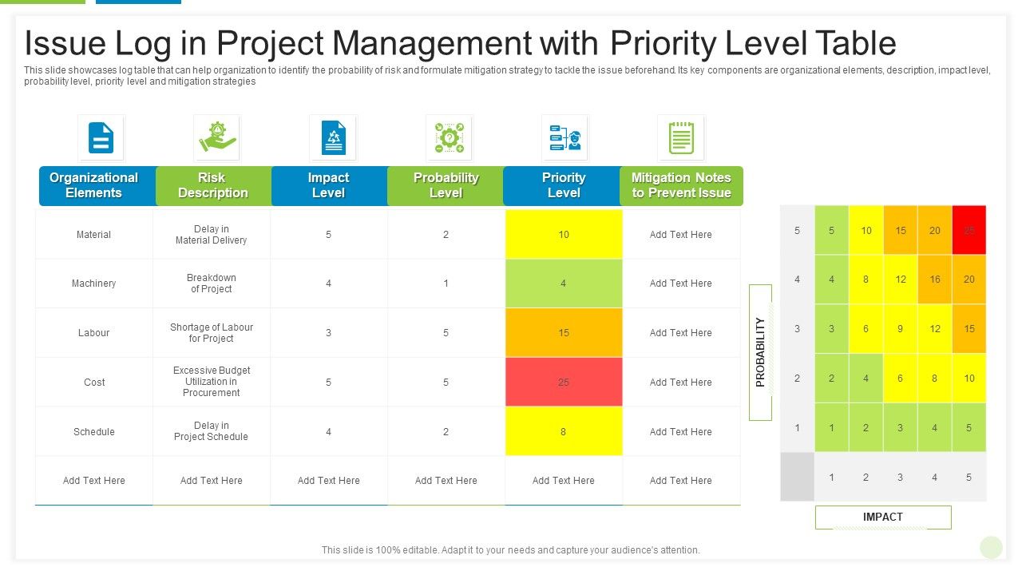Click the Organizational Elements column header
coord(94,185)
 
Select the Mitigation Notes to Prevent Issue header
coord(681,185)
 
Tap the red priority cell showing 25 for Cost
coord(564,382)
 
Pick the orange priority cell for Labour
coord(564,332)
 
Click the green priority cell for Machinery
coord(564,283)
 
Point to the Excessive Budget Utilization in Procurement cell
coord(212,382)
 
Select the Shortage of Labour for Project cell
coord(212,332)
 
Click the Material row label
coord(94,234)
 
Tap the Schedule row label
coord(94,431)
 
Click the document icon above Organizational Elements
coord(101,137)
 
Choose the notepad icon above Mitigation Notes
coord(680,137)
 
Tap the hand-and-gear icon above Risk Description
coord(216,137)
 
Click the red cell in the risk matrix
coord(969,230)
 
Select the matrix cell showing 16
coord(935,280)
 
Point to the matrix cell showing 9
coord(901,328)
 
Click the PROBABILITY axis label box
coord(760,352)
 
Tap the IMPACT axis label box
coord(883,517)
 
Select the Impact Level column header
coord(329,185)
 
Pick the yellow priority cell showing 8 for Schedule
coord(564,431)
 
